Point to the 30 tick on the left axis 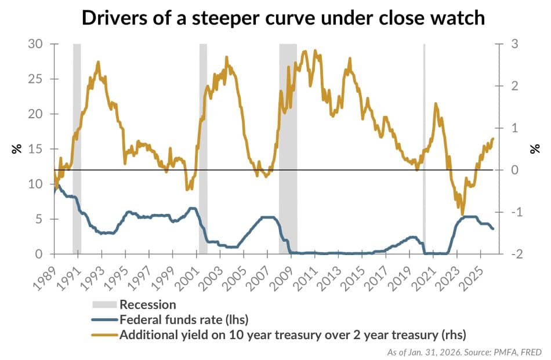[x=34, y=44]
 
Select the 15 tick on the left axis [x=34, y=149]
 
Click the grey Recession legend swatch [x=105, y=304]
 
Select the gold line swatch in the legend [x=105, y=334]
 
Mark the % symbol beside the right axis [x=534, y=149]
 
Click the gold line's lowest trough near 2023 [x=462, y=214]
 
